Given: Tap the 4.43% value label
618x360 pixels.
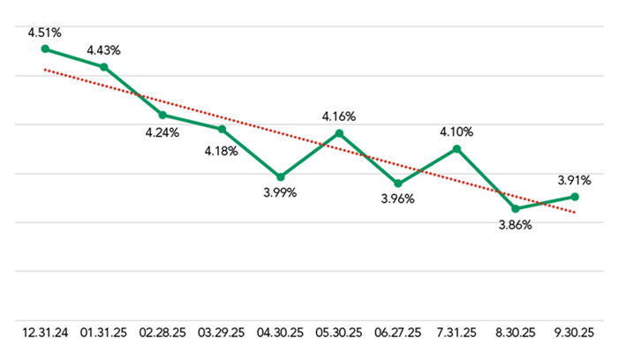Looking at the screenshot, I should (103, 50).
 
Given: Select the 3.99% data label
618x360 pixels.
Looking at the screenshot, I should (280, 192).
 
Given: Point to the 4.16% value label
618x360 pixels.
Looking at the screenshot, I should (339, 116).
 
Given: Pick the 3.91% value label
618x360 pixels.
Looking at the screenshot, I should (574, 179).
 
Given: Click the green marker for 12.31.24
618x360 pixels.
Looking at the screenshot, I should (45, 49).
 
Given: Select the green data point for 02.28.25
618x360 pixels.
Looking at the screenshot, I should (162, 115).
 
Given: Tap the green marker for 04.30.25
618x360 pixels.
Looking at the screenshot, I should (280, 176).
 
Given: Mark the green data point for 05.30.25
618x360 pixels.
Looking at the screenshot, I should (339, 133).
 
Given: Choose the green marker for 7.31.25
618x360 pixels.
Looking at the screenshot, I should (456, 148).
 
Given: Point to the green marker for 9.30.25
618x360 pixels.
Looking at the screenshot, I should (575, 196).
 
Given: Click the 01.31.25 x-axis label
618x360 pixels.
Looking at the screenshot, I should (103, 334).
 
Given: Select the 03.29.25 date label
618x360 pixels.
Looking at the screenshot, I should (222, 334).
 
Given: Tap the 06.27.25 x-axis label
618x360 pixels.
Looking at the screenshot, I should (398, 334).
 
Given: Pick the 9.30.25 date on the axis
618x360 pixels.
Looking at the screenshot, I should (575, 334).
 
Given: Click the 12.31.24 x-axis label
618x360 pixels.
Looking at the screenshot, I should (45, 334).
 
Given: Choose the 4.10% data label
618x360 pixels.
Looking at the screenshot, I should (456, 131).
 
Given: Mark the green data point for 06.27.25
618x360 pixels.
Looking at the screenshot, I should (398, 184).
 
